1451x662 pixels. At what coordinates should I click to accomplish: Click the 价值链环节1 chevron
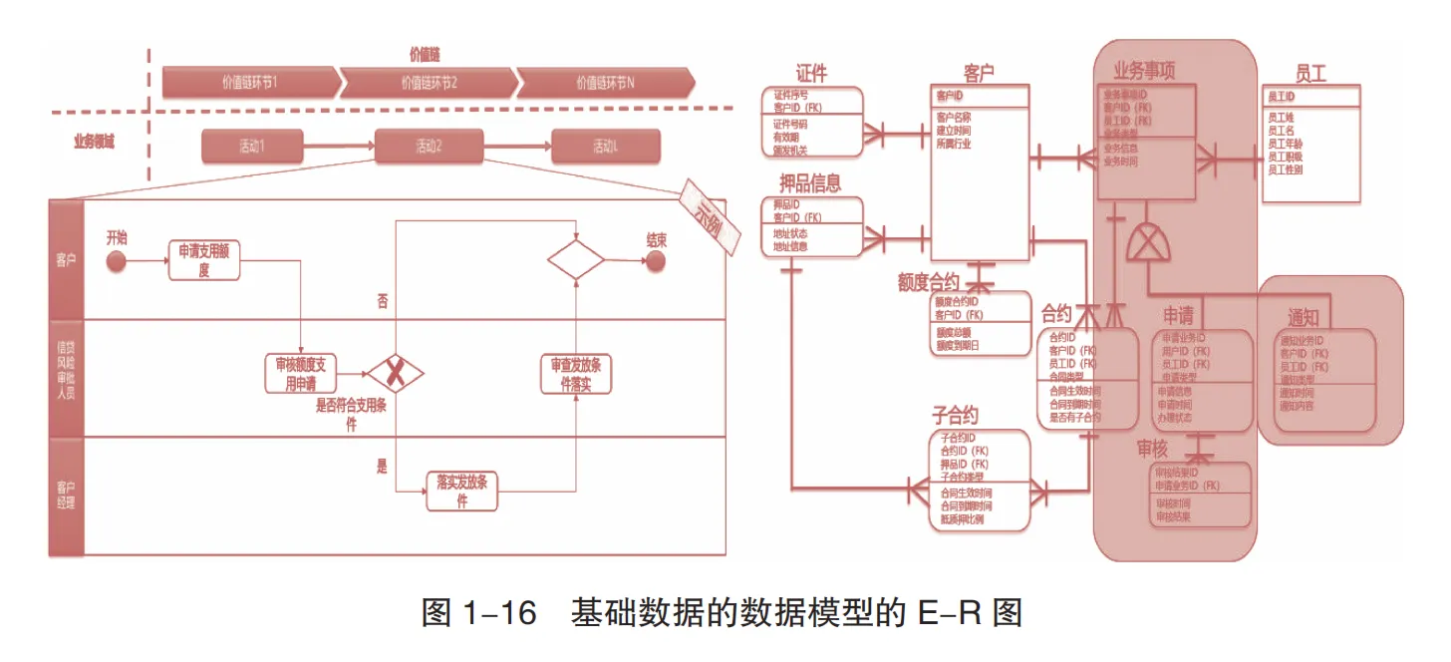coord(250,83)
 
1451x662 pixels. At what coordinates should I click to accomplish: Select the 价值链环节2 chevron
coord(429,83)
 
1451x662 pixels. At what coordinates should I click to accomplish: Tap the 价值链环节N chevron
coord(605,83)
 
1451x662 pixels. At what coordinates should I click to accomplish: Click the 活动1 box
coord(250,147)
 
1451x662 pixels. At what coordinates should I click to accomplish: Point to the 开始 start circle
coord(117,261)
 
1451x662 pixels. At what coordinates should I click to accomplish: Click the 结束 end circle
coord(655,261)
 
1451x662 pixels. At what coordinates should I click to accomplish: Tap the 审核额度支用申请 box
coord(301,375)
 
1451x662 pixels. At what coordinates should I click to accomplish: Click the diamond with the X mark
coord(396,375)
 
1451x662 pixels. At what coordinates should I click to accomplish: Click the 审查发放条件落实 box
coord(576,375)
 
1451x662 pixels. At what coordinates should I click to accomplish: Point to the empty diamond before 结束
coord(576,260)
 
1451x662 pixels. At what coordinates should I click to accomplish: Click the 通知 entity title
coord(1303,318)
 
